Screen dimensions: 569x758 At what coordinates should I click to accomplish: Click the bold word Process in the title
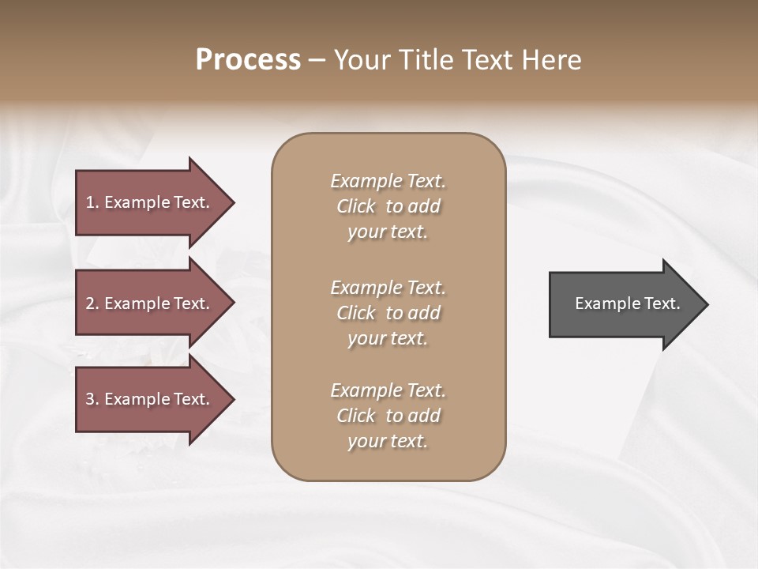(248, 60)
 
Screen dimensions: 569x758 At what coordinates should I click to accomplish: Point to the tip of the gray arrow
(706, 304)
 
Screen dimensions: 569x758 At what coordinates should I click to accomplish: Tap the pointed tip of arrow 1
(232, 202)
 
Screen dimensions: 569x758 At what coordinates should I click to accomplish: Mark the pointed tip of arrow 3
(232, 399)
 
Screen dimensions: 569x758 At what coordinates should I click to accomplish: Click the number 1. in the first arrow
(92, 202)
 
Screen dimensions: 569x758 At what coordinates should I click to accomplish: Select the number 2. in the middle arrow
(92, 303)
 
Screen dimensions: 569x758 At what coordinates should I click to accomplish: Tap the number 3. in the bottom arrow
(92, 399)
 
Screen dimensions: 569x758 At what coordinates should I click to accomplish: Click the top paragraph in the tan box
(388, 206)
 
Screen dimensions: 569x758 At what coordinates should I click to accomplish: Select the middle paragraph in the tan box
(388, 313)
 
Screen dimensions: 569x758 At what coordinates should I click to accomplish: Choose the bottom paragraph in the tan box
(388, 416)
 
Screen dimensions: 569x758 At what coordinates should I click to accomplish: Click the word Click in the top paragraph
(356, 206)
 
